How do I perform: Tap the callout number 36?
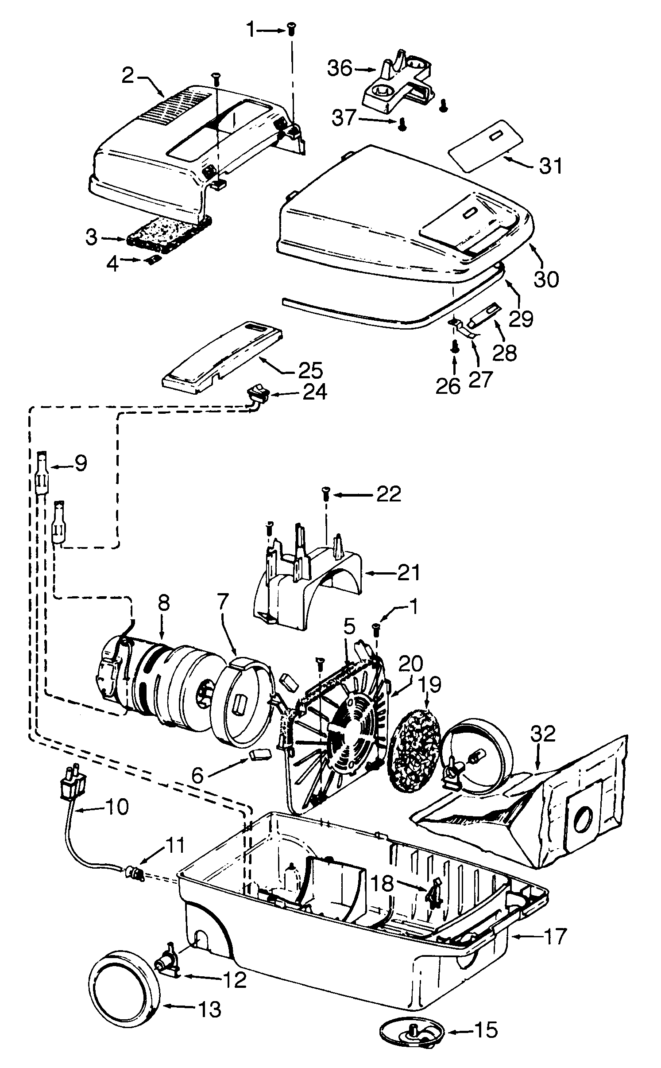pyautogui.click(x=340, y=69)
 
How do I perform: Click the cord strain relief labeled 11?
pyautogui.click(x=133, y=873)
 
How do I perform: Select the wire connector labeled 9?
pyautogui.click(x=42, y=472)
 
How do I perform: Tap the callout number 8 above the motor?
pyautogui.click(x=164, y=605)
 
